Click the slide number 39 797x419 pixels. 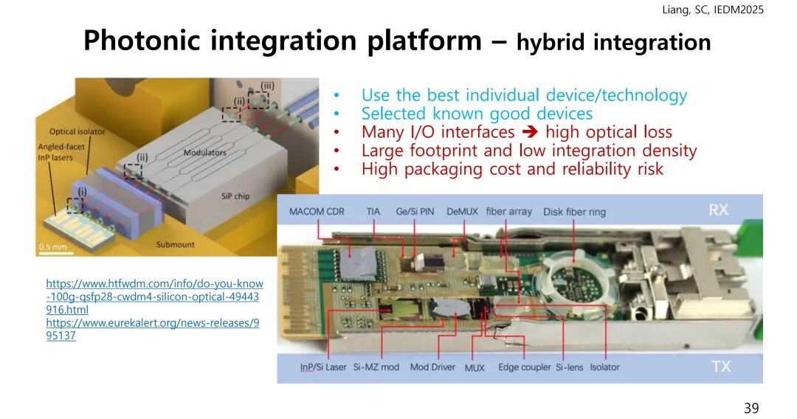click(x=751, y=408)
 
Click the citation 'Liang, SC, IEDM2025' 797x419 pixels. click(x=713, y=10)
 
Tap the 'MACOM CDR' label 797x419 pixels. click(x=317, y=211)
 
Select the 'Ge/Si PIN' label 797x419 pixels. click(x=415, y=212)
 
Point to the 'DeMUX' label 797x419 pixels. click(x=462, y=211)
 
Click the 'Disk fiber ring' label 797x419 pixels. click(x=574, y=212)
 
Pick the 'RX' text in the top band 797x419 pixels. click(x=718, y=209)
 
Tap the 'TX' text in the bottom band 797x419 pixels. click(x=720, y=366)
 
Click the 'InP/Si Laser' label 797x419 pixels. click(x=323, y=367)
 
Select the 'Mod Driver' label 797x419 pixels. click(x=432, y=367)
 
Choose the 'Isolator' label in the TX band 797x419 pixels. click(x=604, y=367)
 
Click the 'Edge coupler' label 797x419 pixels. click(x=525, y=367)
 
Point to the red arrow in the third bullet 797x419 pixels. click(x=530, y=132)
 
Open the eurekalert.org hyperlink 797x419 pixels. click(x=153, y=329)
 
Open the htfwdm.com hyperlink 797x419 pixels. click(x=154, y=297)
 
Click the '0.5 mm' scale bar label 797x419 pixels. click(x=53, y=247)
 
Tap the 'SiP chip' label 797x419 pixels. click(x=235, y=196)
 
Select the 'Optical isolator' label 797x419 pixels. click(x=77, y=131)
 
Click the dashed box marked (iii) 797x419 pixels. click(x=258, y=100)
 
